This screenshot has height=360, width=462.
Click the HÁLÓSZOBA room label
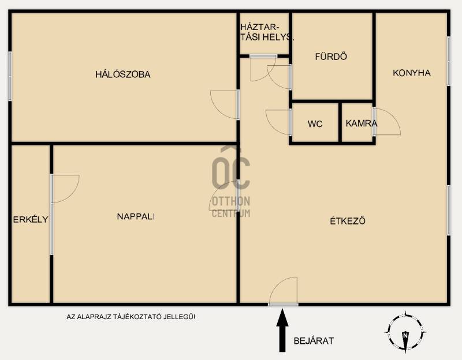123,74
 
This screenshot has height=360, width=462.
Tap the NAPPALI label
136,217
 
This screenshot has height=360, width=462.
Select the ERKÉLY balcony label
31,219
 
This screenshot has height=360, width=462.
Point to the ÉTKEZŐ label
348,221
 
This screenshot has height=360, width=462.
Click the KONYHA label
412,73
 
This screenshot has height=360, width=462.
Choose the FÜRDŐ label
331,56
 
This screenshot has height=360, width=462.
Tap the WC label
315,124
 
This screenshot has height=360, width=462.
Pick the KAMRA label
362,123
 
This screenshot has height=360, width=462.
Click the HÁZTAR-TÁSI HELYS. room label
267,32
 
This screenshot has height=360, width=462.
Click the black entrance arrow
282,329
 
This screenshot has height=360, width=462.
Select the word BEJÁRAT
314,341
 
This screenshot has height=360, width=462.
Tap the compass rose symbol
405,332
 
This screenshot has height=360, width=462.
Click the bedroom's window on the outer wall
10,76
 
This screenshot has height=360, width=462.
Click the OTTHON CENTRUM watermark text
231,207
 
